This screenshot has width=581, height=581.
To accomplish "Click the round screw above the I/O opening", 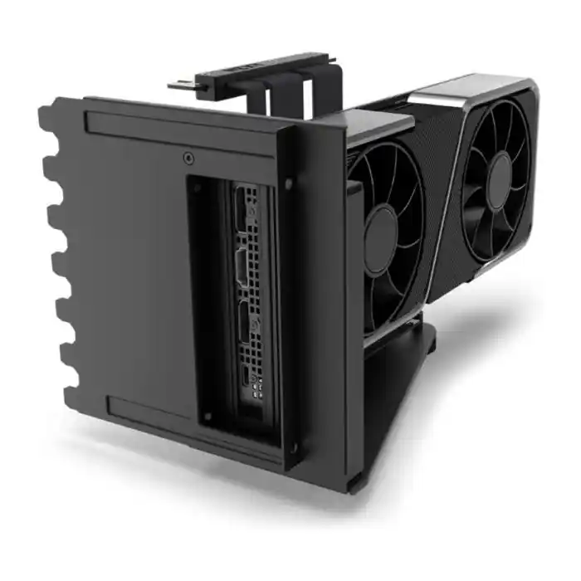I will click(x=189, y=157).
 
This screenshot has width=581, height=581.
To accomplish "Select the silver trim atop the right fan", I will click(x=465, y=92).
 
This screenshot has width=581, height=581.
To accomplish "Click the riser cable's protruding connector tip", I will click(x=178, y=84).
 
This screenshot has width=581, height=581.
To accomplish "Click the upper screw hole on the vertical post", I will click(x=288, y=182).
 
